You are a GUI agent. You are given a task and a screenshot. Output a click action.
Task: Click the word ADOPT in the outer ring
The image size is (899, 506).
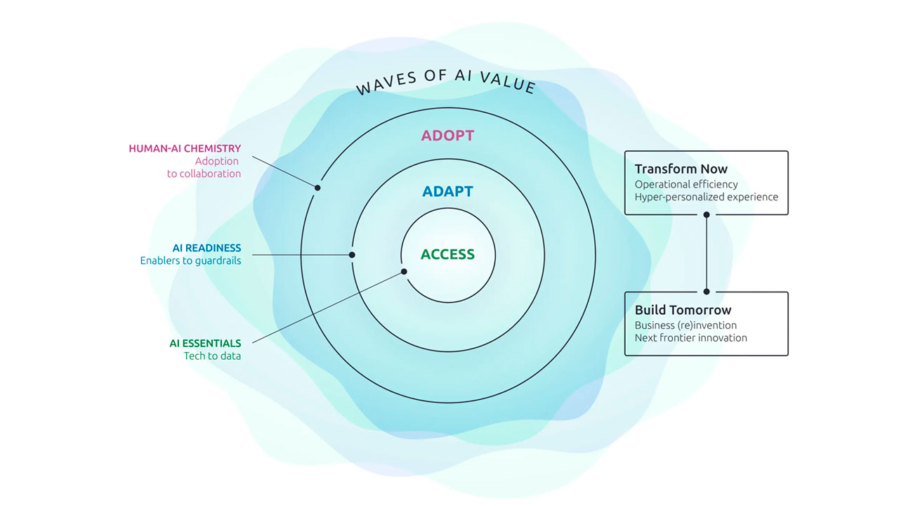[x=447, y=136]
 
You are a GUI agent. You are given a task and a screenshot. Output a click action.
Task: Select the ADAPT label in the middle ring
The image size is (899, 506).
[x=447, y=191]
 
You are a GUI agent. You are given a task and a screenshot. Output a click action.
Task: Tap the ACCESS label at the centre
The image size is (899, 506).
[x=447, y=254]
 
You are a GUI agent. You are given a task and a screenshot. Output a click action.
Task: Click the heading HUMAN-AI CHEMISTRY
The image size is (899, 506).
[x=185, y=148]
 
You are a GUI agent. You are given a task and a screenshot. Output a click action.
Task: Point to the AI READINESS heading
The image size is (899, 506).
[x=206, y=248]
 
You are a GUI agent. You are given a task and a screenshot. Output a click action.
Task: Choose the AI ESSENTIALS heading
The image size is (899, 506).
[x=205, y=344]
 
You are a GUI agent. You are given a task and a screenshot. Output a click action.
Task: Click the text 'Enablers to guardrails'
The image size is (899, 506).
[x=190, y=261]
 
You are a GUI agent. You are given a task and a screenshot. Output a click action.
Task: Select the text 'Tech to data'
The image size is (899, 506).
[x=212, y=356]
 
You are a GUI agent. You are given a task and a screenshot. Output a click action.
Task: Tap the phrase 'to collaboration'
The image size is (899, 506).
[x=204, y=174]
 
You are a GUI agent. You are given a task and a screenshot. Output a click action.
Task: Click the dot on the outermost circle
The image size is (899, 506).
[x=317, y=188]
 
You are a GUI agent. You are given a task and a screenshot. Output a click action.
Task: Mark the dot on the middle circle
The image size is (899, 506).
[x=353, y=255]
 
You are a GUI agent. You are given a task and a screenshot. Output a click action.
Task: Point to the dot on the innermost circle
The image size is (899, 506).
[x=404, y=271]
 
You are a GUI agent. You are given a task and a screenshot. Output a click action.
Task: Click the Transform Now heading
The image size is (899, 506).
[x=681, y=169]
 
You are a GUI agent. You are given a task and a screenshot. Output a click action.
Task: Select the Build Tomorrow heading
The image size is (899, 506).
[x=683, y=310]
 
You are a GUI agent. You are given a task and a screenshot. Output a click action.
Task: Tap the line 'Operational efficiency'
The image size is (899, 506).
[x=686, y=184]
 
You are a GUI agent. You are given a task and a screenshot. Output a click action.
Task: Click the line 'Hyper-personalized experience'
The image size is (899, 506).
[x=706, y=197]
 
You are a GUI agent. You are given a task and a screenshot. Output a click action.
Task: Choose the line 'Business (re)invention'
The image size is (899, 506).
[x=685, y=325]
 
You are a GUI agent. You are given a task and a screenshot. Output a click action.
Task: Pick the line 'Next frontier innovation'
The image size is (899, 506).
[x=690, y=338]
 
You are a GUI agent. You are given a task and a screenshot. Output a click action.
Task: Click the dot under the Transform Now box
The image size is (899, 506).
[x=707, y=214]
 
